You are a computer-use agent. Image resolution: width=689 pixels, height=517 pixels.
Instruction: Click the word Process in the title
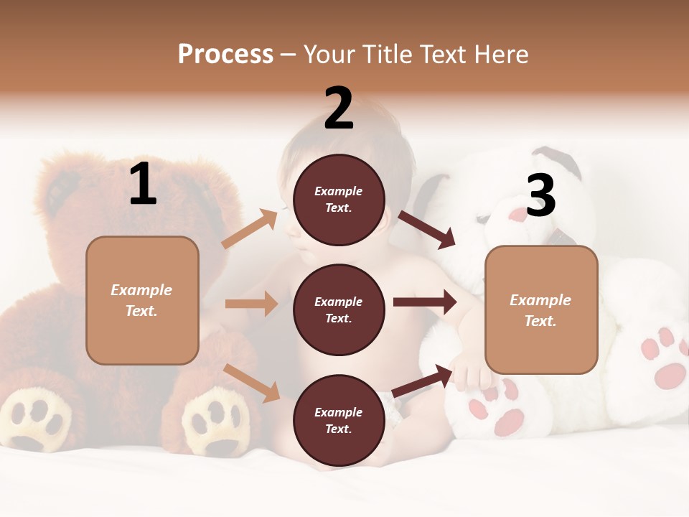click(x=225, y=55)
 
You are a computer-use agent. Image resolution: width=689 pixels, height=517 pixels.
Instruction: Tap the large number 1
click(x=143, y=185)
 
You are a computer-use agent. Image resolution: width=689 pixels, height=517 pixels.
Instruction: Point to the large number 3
click(x=540, y=195)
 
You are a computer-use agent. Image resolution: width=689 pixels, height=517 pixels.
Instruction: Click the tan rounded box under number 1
click(x=142, y=300)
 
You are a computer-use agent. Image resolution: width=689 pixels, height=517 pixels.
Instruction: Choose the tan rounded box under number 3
click(x=541, y=310)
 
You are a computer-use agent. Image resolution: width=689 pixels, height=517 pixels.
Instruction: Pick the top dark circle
click(x=339, y=200)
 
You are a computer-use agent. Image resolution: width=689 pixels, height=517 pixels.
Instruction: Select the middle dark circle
click(x=339, y=309)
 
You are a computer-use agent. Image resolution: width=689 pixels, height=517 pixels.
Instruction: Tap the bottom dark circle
click(x=339, y=420)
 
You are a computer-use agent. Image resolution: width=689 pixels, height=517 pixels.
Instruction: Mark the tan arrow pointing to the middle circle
click(x=251, y=304)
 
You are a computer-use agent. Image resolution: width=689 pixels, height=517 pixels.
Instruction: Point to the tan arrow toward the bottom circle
click(x=252, y=383)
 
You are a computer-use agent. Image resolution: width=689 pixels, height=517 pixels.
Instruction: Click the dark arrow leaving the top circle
click(x=428, y=230)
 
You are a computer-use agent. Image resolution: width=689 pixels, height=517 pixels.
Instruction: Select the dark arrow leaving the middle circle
click(x=425, y=302)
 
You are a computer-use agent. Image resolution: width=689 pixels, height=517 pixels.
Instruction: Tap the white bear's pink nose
click(x=519, y=215)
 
